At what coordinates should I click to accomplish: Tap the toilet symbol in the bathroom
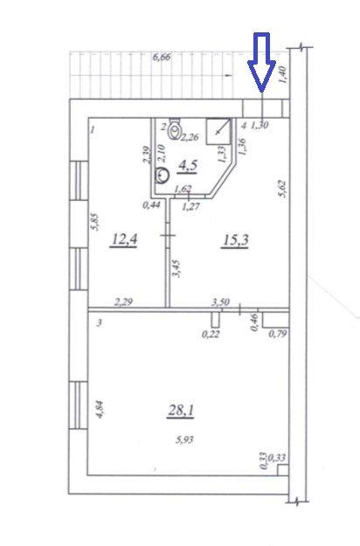174,128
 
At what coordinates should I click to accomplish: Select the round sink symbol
162,175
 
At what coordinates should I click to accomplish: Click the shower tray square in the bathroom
218,131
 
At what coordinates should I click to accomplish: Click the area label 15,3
235,240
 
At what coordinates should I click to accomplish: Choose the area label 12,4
123,239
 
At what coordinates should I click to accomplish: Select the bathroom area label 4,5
188,165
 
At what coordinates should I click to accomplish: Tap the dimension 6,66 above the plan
162,57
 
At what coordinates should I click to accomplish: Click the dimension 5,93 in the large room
184,439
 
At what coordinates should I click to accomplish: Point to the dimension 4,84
100,410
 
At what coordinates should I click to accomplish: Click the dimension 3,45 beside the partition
177,267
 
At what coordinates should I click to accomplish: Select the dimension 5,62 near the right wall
283,189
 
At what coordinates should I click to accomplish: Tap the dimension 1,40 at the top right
283,74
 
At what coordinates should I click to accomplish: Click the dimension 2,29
123,301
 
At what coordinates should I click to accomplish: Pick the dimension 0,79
278,335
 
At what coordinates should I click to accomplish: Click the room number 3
100,322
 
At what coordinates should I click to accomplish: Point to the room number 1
93,130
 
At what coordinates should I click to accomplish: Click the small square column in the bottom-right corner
283,470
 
